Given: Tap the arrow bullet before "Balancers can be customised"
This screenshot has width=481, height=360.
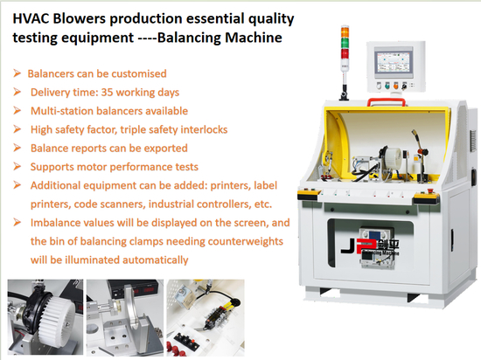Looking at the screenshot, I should point(17,73).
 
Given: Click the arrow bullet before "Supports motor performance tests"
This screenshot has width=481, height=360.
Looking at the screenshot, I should point(17,166).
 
